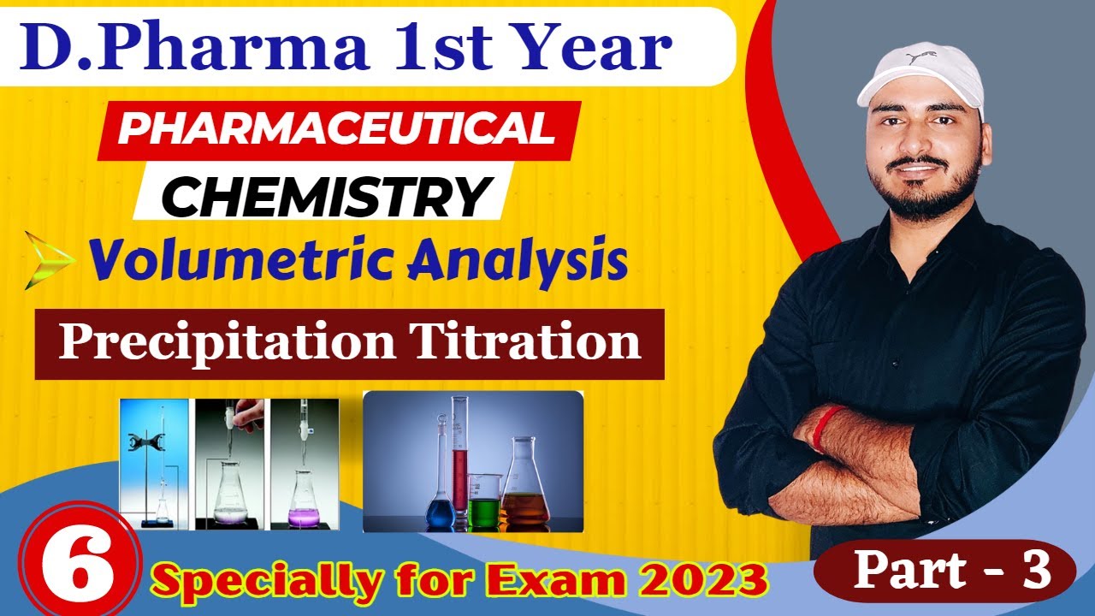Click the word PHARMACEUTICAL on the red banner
[x=335, y=129]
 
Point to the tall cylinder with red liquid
[x=460, y=462]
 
